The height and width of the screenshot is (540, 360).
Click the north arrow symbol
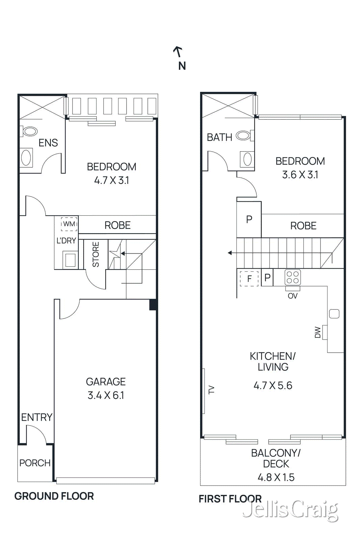click(x=178, y=52)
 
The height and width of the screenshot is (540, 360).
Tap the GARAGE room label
click(x=106, y=381)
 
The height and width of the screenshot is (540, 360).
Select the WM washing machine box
click(x=69, y=224)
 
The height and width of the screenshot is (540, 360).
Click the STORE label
click(x=96, y=254)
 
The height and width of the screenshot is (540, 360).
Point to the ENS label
click(x=48, y=143)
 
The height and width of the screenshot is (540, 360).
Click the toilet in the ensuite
click(x=30, y=131)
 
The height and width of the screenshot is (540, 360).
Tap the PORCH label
click(x=35, y=463)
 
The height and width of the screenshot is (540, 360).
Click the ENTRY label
click(x=36, y=417)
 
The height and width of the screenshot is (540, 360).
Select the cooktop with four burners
click(x=293, y=277)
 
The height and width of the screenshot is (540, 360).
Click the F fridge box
click(x=249, y=278)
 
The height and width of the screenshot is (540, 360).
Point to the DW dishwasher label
click(x=317, y=332)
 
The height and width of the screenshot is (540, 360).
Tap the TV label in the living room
click(x=212, y=390)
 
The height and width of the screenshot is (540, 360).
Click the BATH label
click(x=219, y=137)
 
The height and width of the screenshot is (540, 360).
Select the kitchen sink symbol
click(x=334, y=314)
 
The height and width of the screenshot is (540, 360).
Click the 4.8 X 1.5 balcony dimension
click(x=276, y=477)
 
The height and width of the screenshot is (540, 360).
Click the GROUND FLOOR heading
click(x=54, y=496)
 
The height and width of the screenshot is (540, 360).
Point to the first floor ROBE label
click(x=303, y=226)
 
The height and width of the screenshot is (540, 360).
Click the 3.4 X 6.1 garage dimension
click(x=106, y=395)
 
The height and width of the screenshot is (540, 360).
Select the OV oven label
click(x=293, y=296)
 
